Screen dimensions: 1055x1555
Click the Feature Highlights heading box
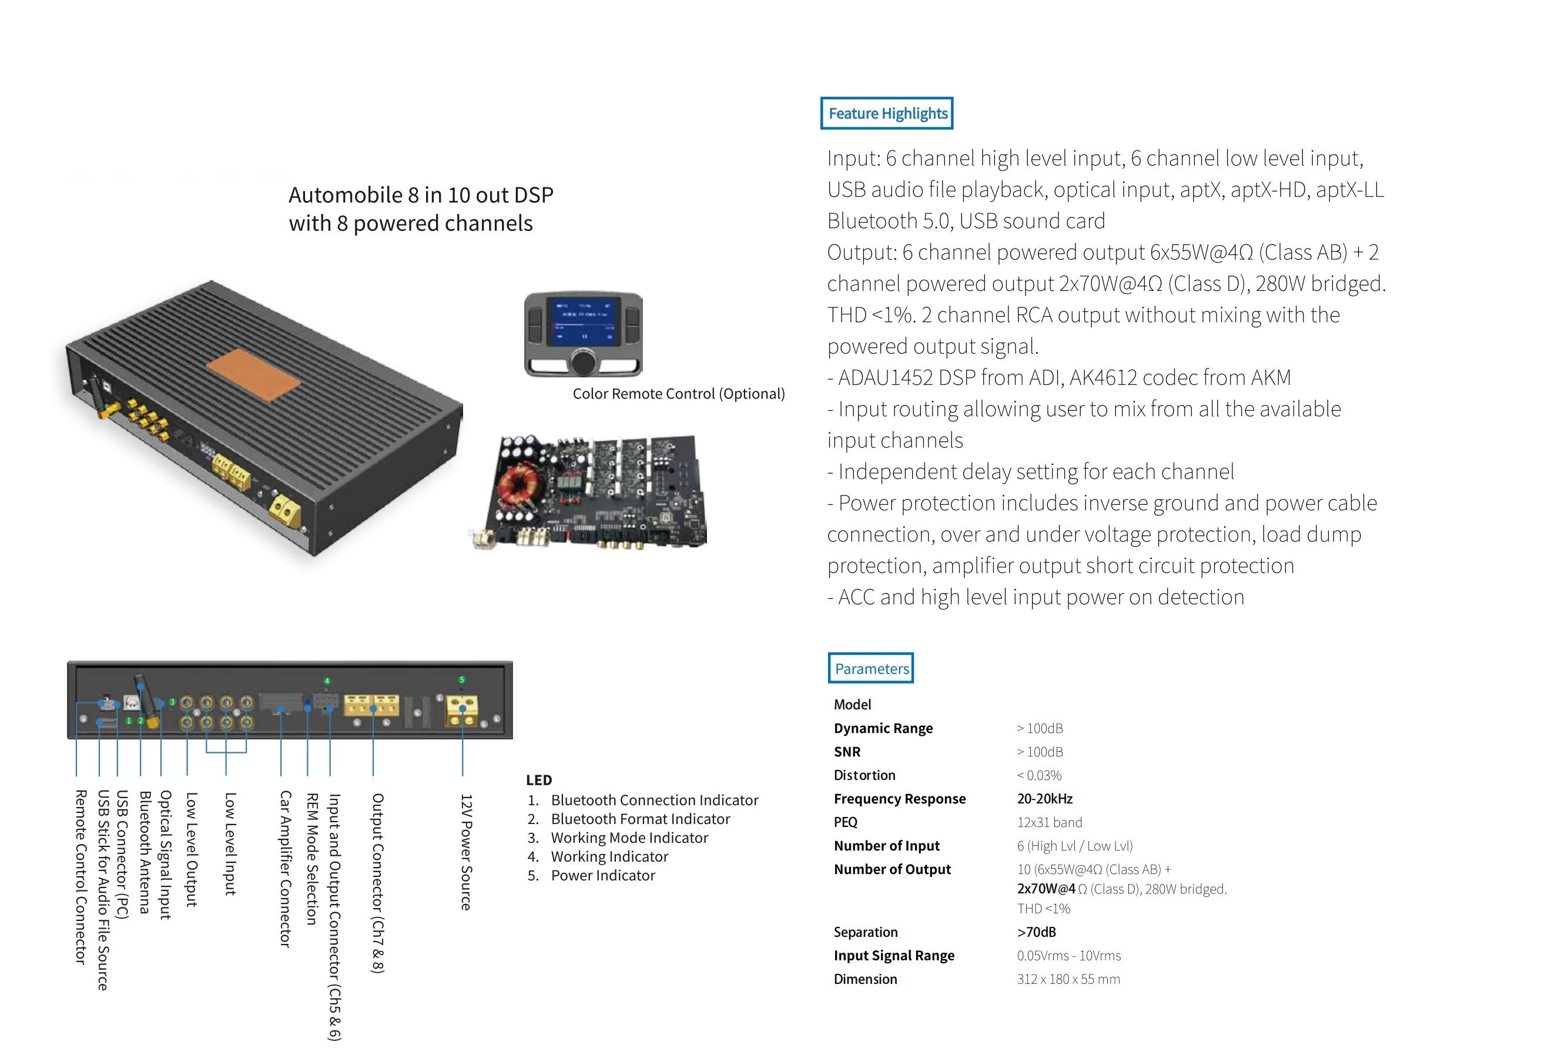point(887,113)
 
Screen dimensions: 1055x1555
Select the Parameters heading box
point(870,668)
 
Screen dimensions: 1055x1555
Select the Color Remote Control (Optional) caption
point(678,393)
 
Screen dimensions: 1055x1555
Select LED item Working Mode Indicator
point(629,838)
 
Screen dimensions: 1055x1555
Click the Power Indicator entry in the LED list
point(602,875)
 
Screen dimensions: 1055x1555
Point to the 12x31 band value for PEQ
point(1049,822)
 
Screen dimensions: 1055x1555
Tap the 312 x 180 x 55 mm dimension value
point(1068,979)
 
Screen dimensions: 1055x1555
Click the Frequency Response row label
point(899,799)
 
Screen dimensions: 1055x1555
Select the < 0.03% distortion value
point(1039,775)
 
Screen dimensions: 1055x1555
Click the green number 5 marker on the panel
point(462,679)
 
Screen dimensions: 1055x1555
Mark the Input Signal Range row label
point(894,955)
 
